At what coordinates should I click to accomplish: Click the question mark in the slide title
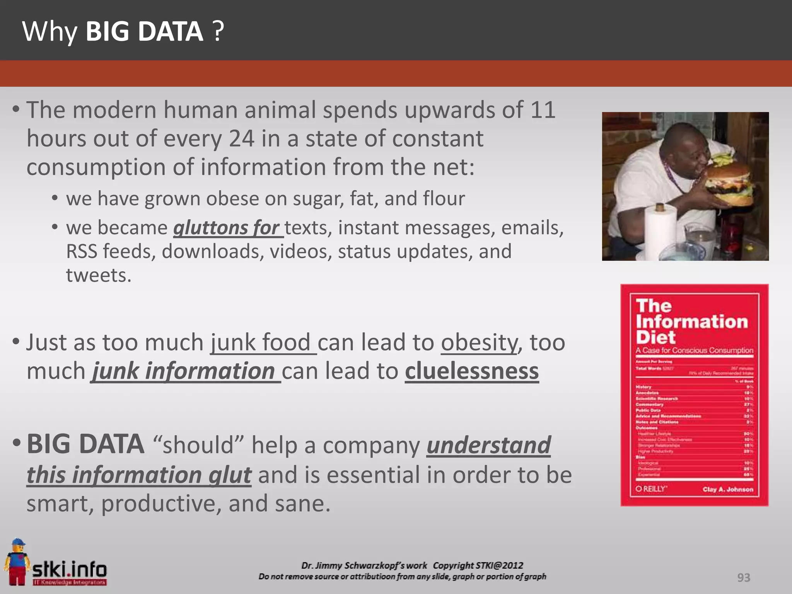point(218,32)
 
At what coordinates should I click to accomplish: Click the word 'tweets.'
point(99,275)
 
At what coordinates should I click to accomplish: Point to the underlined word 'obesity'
point(479,343)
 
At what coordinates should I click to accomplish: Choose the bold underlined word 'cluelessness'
point(472,371)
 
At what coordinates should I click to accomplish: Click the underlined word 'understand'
point(488,445)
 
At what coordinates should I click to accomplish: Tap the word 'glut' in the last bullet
point(230,475)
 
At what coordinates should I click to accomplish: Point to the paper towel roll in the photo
point(661,232)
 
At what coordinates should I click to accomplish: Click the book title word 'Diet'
point(655,337)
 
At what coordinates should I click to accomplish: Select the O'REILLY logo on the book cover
point(651,489)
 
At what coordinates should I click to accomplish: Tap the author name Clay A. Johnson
point(728,490)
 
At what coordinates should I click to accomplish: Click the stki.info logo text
point(70,569)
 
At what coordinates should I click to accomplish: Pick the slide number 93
point(744,577)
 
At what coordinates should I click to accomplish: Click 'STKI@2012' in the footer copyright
point(499,565)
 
